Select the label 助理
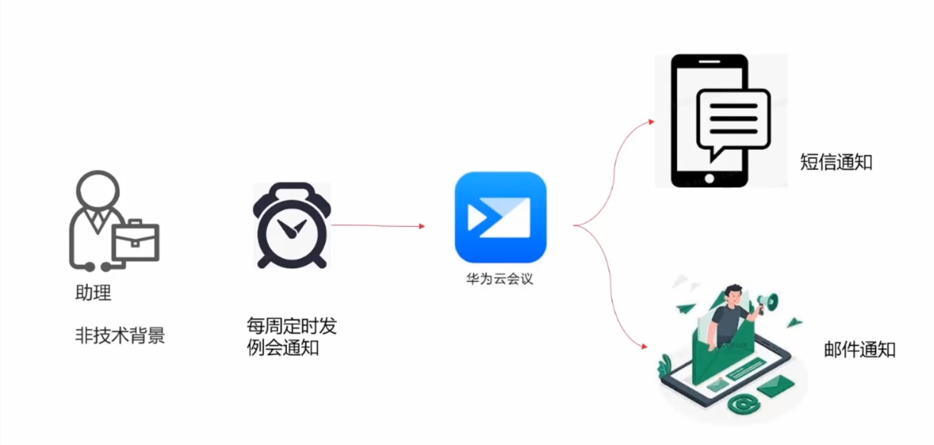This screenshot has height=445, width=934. (93, 293)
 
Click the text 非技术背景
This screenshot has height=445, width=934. (120, 336)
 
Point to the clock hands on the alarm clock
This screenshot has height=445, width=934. (290, 228)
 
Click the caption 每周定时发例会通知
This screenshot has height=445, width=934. (291, 338)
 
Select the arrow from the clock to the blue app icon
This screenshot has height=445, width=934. (378, 226)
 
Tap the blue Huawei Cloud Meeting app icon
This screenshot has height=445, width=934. (501, 217)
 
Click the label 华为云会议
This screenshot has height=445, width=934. (500, 280)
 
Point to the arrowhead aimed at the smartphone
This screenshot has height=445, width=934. (650, 122)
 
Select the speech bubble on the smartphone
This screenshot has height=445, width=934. (733, 119)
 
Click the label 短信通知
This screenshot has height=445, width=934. (836, 163)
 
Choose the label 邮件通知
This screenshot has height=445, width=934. (858, 350)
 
